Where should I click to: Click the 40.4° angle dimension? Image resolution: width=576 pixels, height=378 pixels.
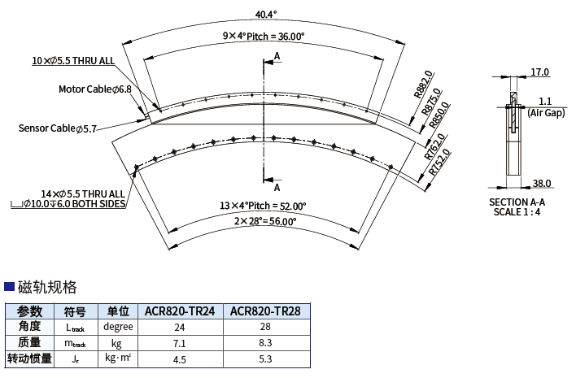266,14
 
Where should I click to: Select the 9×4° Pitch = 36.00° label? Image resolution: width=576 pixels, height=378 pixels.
264,36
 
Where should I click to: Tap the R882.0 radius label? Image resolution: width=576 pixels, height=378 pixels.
424,85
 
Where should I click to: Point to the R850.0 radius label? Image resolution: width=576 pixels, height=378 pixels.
439,115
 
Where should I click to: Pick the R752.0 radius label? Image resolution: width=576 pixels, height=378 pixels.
439,162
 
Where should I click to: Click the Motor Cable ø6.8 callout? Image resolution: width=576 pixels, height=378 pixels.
94,89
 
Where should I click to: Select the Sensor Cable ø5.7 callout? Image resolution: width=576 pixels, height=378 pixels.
58,128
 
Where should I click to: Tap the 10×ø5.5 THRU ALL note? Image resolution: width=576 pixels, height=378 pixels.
73,60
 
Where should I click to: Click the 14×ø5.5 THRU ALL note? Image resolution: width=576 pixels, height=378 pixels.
83,193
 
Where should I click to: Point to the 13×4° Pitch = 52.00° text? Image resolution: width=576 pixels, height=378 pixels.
263,206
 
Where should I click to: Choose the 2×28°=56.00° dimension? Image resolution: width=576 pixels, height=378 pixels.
265,221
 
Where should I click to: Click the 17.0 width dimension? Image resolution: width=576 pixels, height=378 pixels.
539,72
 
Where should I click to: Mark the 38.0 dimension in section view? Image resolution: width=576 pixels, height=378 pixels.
542,183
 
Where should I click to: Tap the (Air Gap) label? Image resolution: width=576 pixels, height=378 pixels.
546,113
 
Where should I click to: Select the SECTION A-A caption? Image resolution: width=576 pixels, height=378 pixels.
517,202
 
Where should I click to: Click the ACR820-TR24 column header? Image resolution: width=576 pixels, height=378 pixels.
180,311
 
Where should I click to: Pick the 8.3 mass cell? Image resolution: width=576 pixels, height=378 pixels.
265,343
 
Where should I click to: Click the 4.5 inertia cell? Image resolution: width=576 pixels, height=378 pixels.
179,359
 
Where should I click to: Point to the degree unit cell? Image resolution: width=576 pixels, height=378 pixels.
118,326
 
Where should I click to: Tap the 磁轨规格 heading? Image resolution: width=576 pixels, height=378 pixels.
47,287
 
